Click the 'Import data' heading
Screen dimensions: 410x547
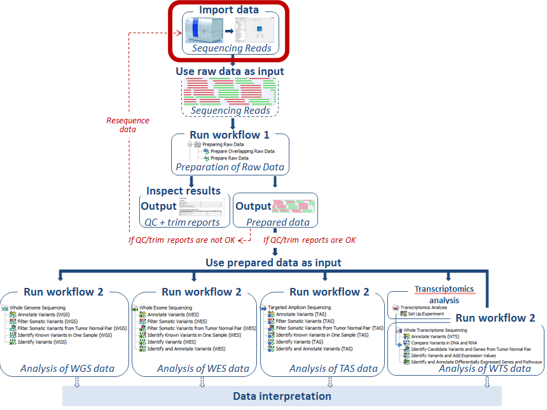click(x=229, y=10)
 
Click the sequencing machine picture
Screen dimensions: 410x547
click(x=205, y=29)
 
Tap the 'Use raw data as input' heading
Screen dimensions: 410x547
click(x=230, y=71)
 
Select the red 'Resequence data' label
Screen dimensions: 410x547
click(x=128, y=125)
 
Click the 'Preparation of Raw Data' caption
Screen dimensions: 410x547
click(x=229, y=168)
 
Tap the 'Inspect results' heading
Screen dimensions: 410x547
click(x=184, y=191)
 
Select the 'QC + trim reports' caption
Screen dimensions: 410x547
click(x=183, y=222)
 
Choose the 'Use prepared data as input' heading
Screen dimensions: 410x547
click(x=273, y=263)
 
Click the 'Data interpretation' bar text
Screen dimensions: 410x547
click(x=282, y=396)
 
